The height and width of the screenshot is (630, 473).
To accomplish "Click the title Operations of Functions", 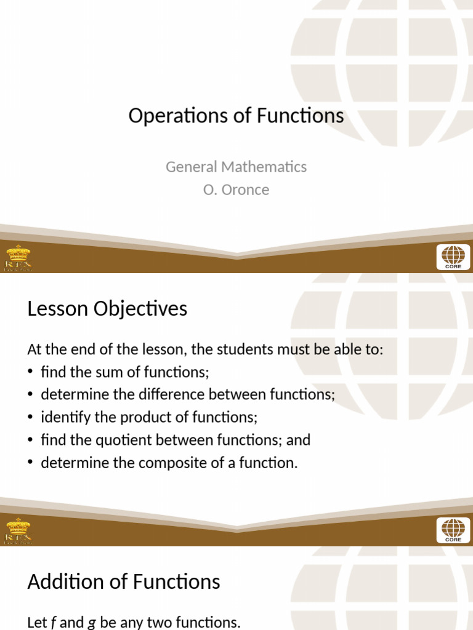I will [x=236, y=116].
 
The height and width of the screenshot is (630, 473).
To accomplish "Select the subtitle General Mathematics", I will [x=236, y=167].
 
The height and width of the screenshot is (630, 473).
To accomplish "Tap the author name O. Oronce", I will [x=236, y=189].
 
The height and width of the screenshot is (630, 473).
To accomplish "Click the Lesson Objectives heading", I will [x=107, y=308].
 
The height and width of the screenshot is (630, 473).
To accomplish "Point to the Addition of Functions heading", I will [x=123, y=581].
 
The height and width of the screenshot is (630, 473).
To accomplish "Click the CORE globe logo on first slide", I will [x=453, y=257].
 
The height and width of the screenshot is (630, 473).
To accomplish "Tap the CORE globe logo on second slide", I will [x=453, y=530].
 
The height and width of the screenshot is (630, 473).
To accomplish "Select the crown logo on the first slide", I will [x=18, y=257].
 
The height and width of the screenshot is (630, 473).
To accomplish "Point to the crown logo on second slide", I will [x=18, y=530].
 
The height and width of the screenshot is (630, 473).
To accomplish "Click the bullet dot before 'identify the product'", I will [x=31, y=418].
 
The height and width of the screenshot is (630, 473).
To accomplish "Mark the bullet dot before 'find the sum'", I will [x=31, y=372].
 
